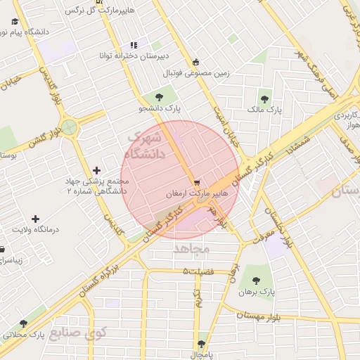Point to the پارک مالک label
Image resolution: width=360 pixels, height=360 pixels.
tap(264, 110)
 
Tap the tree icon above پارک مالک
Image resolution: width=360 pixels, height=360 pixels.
tap(264, 99)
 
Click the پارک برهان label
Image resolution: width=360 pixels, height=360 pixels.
tap(254, 291)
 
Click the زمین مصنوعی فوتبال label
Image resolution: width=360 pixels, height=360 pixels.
tap(198, 72)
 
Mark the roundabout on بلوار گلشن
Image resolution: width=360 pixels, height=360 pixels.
tap(69, 127)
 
